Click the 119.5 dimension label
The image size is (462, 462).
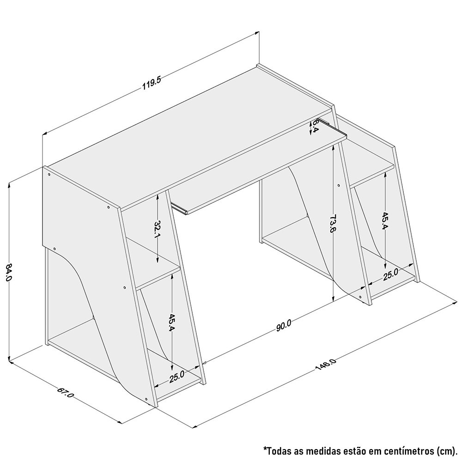pos(151,84)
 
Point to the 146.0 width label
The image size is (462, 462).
pos(326,365)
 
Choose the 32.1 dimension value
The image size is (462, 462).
pos(158,229)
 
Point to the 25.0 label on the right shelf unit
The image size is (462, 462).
pos(390,274)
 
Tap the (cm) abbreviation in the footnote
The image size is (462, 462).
pos(445,451)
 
